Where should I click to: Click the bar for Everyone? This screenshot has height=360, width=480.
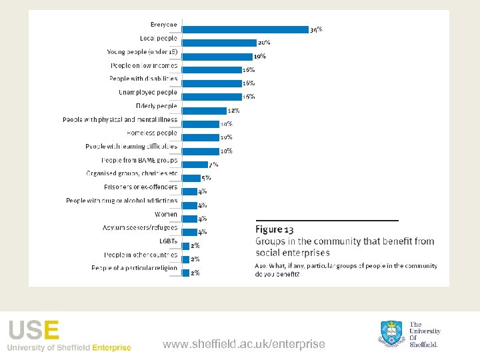(x=245, y=29)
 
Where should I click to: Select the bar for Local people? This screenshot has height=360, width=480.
(x=219, y=43)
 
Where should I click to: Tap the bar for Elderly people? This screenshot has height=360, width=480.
(x=204, y=111)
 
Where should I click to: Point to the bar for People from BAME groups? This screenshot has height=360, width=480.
(x=195, y=165)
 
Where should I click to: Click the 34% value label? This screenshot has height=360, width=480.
(x=316, y=30)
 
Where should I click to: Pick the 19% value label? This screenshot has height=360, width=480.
(x=260, y=56)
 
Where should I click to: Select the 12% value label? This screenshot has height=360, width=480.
(x=233, y=111)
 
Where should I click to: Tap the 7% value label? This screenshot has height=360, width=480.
(x=213, y=165)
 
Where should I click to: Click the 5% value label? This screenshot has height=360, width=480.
(x=207, y=178)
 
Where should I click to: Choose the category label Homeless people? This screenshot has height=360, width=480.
(x=152, y=133)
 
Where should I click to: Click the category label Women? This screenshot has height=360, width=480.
(x=166, y=214)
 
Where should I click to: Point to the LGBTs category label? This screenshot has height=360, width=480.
(x=168, y=241)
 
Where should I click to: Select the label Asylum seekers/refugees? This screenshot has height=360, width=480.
(x=140, y=227)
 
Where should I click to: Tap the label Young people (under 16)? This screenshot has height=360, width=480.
(x=142, y=51)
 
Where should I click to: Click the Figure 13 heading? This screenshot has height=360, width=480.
(x=275, y=230)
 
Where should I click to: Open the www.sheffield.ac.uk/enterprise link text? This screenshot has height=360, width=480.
(x=244, y=344)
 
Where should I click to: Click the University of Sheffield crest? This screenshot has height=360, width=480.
(x=393, y=333)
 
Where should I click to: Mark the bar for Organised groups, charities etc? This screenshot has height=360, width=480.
(x=191, y=178)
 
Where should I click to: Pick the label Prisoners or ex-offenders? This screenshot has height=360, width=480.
(x=141, y=187)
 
